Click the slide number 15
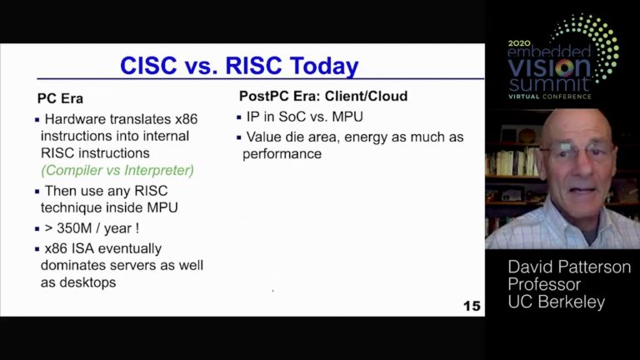tap(472, 306)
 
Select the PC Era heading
tap(61, 97)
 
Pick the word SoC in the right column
tap(292, 116)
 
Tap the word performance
tap(282, 154)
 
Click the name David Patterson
tap(569, 267)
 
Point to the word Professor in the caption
tap(544, 285)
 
